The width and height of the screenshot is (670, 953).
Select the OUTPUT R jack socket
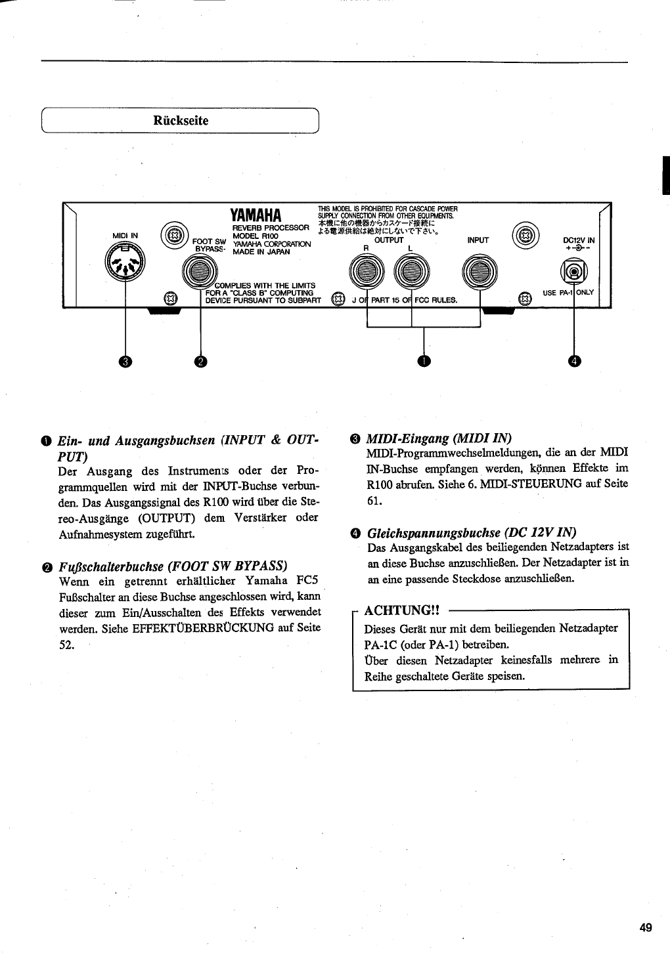(367, 271)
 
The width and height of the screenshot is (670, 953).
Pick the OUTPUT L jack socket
(412, 271)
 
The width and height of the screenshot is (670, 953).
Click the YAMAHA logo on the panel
(256, 215)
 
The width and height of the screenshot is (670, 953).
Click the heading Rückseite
(181, 121)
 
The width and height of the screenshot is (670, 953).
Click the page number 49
(645, 927)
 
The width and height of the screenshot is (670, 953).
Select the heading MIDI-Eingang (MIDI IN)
(438, 438)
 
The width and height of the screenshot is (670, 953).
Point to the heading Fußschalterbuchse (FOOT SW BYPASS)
(173, 566)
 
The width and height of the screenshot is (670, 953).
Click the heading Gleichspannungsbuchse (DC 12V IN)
(472, 532)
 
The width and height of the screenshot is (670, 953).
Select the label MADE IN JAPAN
(261, 251)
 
